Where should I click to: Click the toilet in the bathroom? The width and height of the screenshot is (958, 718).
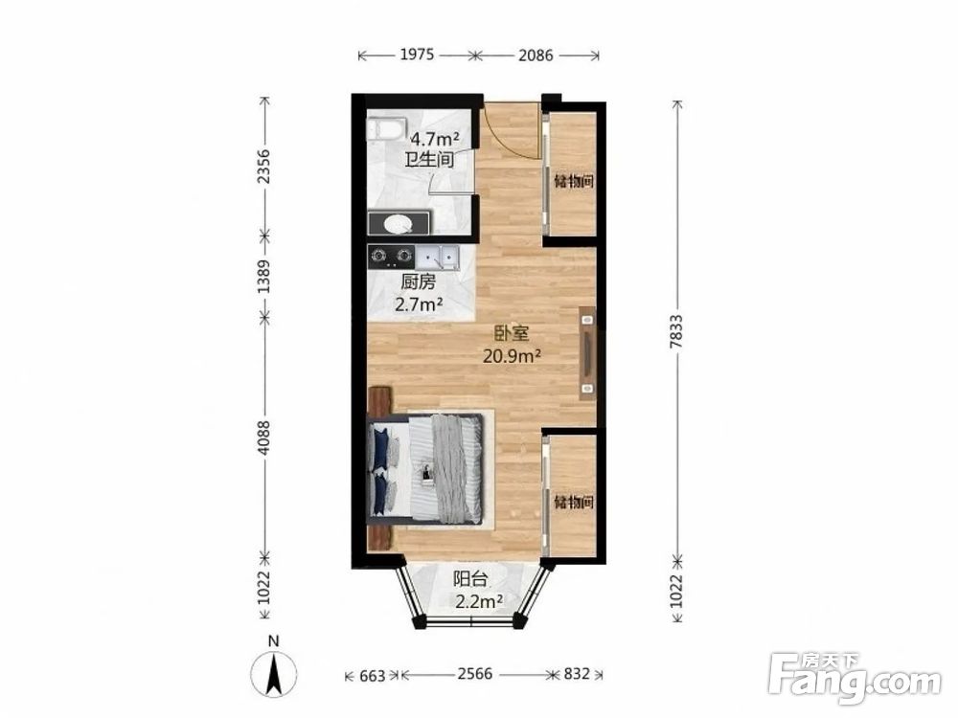coord(387,129)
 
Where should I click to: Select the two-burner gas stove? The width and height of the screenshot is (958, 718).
coord(391,257)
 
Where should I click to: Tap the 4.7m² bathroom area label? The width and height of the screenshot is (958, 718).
coord(434,139)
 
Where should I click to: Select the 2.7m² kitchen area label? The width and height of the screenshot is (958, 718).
coord(419,303)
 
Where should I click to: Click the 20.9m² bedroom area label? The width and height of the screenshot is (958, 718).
coord(512,355)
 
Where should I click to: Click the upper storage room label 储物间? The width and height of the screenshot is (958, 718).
coord(573,181)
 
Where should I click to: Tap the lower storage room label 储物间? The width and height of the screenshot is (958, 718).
coord(573,503)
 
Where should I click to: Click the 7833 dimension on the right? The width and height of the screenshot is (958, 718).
coord(675,331)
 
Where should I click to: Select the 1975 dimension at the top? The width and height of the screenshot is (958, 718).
coord(417,55)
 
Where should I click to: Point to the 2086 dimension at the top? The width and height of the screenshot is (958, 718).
coord(536,56)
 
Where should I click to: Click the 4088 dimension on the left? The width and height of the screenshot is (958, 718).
coord(264,438)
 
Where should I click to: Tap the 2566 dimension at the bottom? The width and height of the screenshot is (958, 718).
coord(475,673)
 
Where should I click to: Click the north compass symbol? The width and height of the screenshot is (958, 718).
coord(274,673)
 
